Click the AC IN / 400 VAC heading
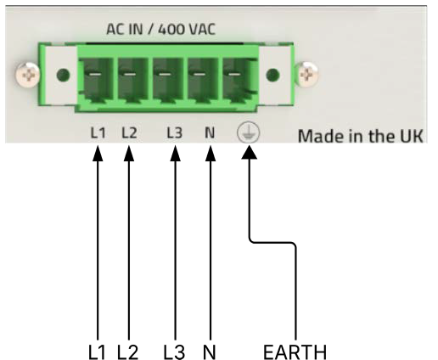pyautogui.click(x=160, y=29)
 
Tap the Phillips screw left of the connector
pyautogui.click(x=27, y=75)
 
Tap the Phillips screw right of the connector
pyautogui.click(x=306, y=75)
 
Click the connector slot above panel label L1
pyautogui.click(x=96, y=79)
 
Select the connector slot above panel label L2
pyautogui.click(x=131, y=79)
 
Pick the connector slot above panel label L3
pyautogui.click(x=166, y=79)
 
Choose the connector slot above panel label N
pyautogui.click(x=201, y=79)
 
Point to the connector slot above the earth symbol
pyautogui.click(x=238, y=79)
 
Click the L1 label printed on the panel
pyautogui.click(x=98, y=132)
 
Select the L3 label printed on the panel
pyautogui.click(x=174, y=132)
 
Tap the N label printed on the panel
pyautogui.click(x=210, y=132)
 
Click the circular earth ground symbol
pyautogui.click(x=248, y=132)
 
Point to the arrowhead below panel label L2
pyautogui.click(x=129, y=154)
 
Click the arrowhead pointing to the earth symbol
pyautogui.click(x=250, y=152)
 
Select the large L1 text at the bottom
pyautogui.click(x=97, y=352)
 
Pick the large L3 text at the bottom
pyautogui.click(x=174, y=352)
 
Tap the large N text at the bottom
pyautogui.click(x=210, y=352)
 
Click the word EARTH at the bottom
pyautogui.click(x=295, y=352)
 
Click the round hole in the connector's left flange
pyautogui.click(x=63, y=75)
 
